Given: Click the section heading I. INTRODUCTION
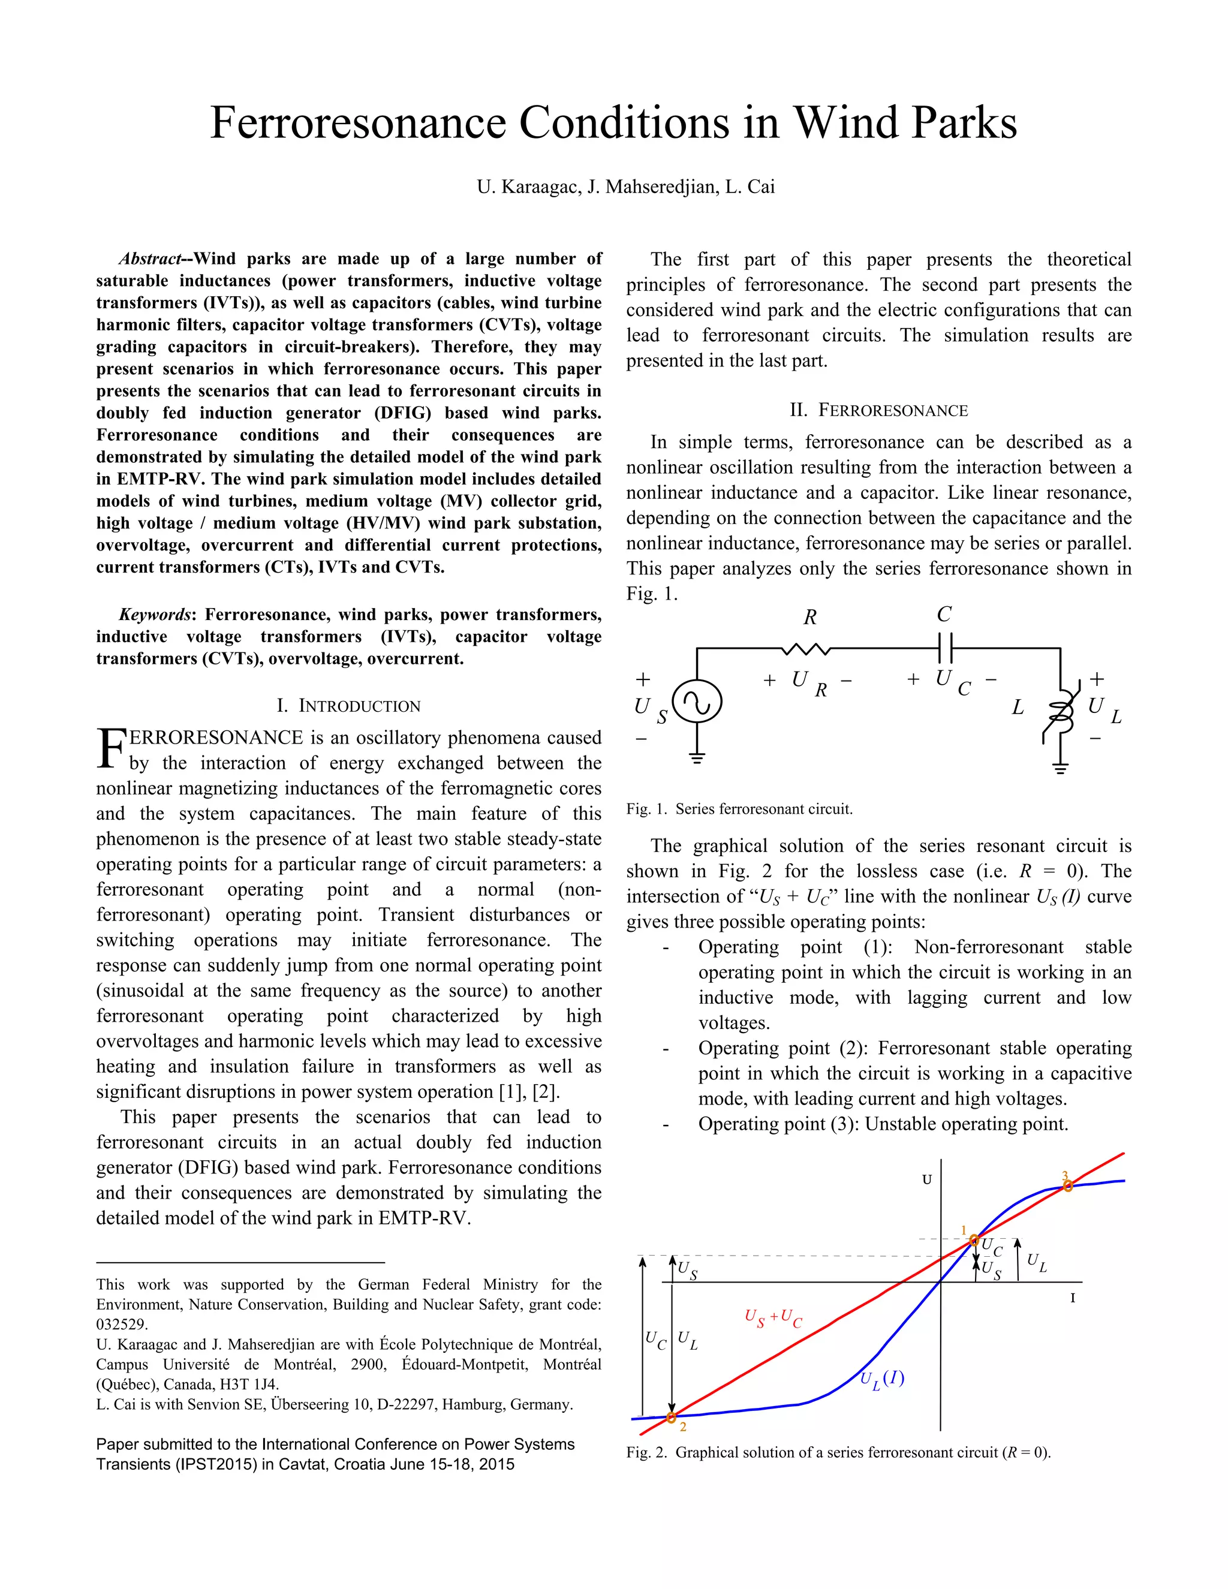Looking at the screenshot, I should (x=348, y=706).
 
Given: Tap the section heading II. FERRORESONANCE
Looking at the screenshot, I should (x=879, y=410).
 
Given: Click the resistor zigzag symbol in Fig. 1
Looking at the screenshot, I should (x=805, y=648).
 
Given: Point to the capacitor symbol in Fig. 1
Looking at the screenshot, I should (x=945, y=645).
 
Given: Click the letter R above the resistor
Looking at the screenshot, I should (x=809, y=618).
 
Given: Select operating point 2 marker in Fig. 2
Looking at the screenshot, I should (x=672, y=1416).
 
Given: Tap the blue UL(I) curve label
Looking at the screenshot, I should (x=881, y=1379).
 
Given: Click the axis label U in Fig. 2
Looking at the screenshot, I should (x=927, y=1179).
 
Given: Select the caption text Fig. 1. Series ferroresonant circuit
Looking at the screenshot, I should (x=739, y=809).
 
